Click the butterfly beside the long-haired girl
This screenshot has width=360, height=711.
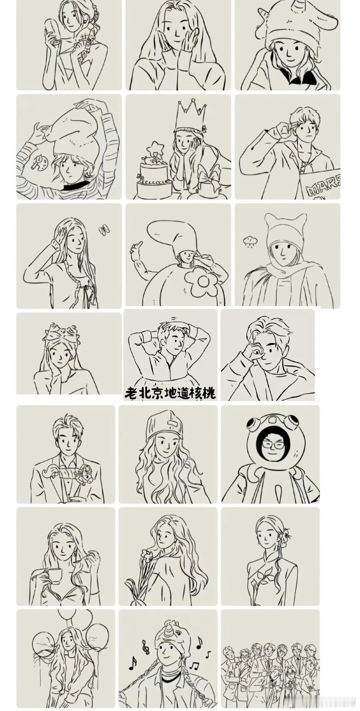(104, 230)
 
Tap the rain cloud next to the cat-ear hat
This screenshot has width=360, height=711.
(250, 241)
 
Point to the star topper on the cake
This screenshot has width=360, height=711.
(155, 148)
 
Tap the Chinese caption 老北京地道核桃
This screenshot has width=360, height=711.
(170, 393)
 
